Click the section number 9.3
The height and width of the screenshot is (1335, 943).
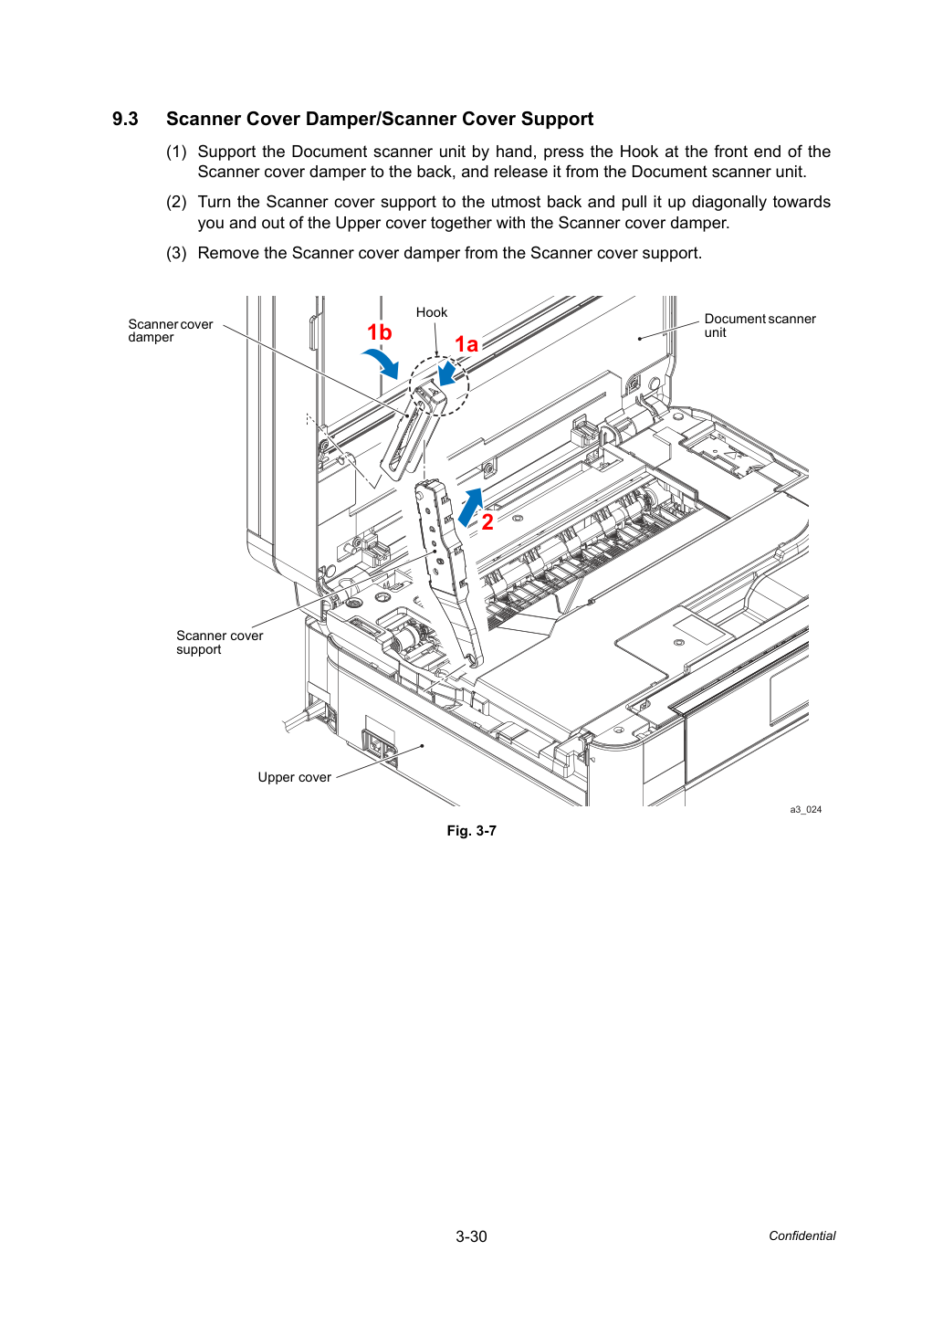(x=125, y=119)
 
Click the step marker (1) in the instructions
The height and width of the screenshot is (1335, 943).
(x=176, y=152)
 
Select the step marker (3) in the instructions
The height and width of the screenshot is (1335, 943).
(x=176, y=253)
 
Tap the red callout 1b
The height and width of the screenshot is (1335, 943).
(x=379, y=332)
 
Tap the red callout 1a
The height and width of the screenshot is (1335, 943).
(x=466, y=344)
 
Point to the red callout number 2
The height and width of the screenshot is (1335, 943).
(x=487, y=522)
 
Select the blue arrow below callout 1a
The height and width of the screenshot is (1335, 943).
(x=447, y=373)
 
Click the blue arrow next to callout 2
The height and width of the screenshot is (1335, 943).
(x=471, y=508)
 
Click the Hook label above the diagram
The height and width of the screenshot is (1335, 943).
(x=431, y=312)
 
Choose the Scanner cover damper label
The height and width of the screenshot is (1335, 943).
(x=171, y=331)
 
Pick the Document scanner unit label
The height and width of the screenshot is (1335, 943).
(x=760, y=325)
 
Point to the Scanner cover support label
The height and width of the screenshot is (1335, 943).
(x=219, y=643)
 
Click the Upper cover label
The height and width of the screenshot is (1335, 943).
(x=294, y=777)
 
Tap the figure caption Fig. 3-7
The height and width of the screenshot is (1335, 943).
(x=471, y=831)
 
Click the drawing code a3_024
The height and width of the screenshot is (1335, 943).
(x=805, y=809)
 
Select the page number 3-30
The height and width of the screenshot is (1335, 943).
(x=471, y=1236)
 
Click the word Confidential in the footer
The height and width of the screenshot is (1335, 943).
(x=802, y=1236)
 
